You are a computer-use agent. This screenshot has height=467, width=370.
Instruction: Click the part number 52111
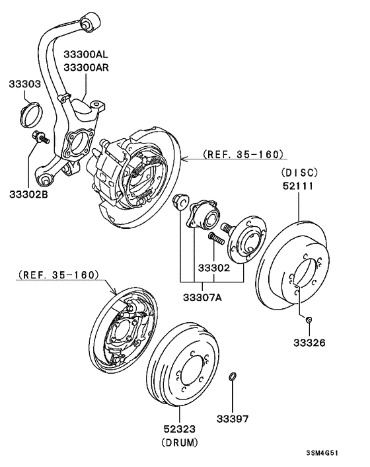[299, 187]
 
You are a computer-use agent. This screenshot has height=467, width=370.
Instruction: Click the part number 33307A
[202, 298]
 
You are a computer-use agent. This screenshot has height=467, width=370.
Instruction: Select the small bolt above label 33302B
[39, 138]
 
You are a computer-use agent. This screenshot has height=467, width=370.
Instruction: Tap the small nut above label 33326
[309, 321]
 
